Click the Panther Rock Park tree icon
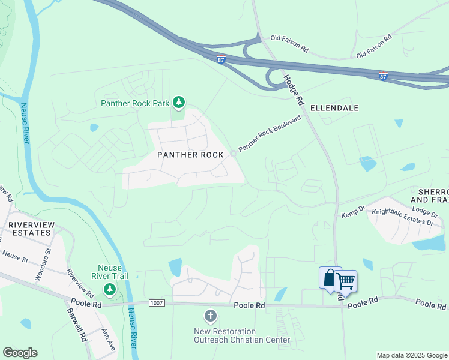(178, 103)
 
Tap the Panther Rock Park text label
(135, 103)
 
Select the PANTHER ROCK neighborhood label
(190, 155)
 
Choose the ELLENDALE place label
(334, 108)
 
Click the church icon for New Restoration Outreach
(210, 316)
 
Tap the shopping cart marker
(345, 281)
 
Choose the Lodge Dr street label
(426, 211)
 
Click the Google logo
(20, 353)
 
